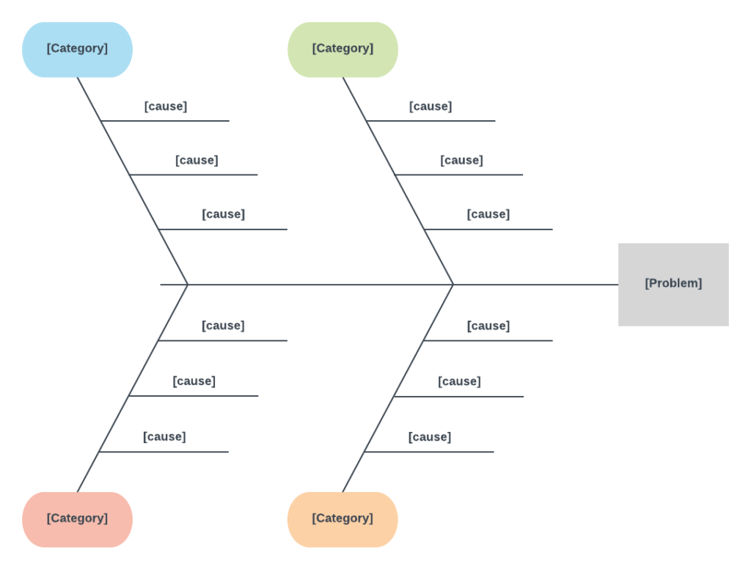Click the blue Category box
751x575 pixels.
tap(77, 49)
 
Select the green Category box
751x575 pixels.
tap(342, 49)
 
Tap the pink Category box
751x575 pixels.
tap(77, 519)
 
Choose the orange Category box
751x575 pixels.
tap(342, 519)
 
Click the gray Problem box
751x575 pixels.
tap(673, 284)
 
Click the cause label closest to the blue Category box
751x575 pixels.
tap(166, 106)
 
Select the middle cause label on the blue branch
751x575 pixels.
tap(197, 161)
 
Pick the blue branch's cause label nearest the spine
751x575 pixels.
tap(223, 214)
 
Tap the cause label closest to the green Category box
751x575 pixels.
tap(431, 106)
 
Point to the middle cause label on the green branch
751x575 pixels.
tap(461, 161)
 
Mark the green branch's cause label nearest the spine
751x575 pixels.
tap(488, 214)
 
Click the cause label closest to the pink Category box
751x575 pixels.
tap(164, 437)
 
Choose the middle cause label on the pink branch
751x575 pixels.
tap(194, 381)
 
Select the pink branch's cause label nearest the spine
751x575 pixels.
tap(223, 326)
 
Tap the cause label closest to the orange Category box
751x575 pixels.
tap(430, 437)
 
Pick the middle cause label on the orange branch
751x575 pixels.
tap(459, 381)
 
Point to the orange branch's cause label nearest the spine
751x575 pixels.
tap(488, 326)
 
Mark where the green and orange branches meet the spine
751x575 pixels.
tap(453, 284)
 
